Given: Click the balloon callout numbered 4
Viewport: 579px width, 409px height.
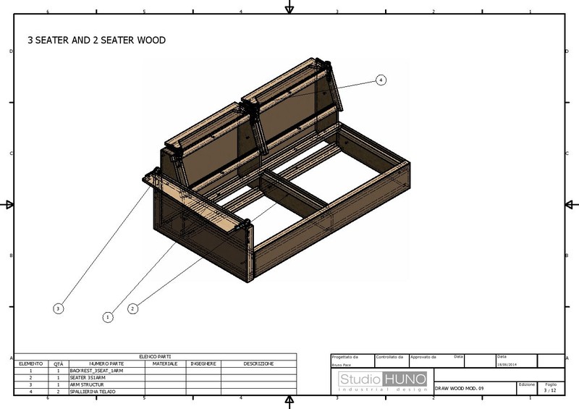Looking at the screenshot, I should tap(381, 80).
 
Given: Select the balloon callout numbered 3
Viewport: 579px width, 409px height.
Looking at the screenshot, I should tap(58, 308).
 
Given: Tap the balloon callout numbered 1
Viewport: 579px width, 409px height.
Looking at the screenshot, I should tap(108, 316).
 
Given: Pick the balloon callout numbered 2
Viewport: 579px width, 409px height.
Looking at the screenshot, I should tap(133, 308).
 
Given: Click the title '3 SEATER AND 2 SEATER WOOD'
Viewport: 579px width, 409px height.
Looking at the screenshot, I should tap(96, 41).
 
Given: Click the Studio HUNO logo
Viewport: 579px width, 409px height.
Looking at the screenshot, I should tap(383, 381).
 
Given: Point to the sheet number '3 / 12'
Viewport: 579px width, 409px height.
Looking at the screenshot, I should tap(550, 390).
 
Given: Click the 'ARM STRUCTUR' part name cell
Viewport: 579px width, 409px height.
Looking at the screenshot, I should tap(87, 384).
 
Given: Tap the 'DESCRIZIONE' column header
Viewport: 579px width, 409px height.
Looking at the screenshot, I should tap(258, 363).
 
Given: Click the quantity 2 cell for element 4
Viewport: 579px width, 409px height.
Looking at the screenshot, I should tap(59, 392).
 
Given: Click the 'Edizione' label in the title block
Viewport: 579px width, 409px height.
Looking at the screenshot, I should tap(527, 384).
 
